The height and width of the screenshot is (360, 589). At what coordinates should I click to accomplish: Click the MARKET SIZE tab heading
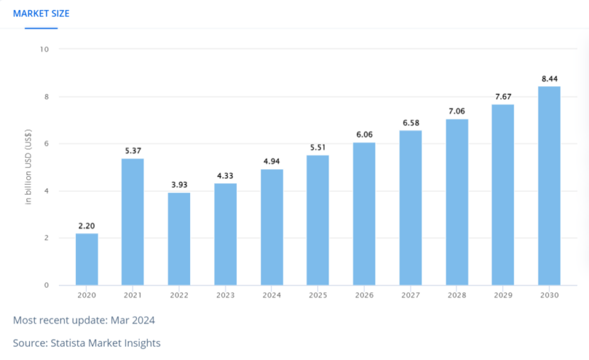41,13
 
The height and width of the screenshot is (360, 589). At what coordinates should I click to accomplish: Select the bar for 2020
87,259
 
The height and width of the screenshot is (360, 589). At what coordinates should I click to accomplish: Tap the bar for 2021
133,222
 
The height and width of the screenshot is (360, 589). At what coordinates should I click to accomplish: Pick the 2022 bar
179,239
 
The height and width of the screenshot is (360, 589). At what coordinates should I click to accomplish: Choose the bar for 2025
318,220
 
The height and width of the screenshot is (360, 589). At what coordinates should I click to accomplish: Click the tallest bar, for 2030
549,185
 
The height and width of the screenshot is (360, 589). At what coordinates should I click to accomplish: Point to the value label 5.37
133,150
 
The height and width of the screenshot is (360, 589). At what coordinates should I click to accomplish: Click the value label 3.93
179,185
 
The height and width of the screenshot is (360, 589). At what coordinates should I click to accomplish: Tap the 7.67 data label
503,96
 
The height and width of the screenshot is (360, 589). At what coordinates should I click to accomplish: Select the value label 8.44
549,78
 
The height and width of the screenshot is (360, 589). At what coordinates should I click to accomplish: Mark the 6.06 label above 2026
364,134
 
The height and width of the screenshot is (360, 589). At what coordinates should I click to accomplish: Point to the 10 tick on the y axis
45,49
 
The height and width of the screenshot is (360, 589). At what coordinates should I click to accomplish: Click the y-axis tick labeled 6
46,143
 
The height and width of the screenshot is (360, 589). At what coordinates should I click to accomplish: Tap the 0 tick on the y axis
46,285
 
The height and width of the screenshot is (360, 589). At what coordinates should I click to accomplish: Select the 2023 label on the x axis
226,295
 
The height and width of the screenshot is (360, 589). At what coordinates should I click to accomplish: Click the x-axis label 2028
456,295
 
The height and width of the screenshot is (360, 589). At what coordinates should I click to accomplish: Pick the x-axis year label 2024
272,295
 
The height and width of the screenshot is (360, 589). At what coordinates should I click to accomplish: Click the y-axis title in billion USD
28,167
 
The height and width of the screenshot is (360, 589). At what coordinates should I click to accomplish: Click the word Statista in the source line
70,343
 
